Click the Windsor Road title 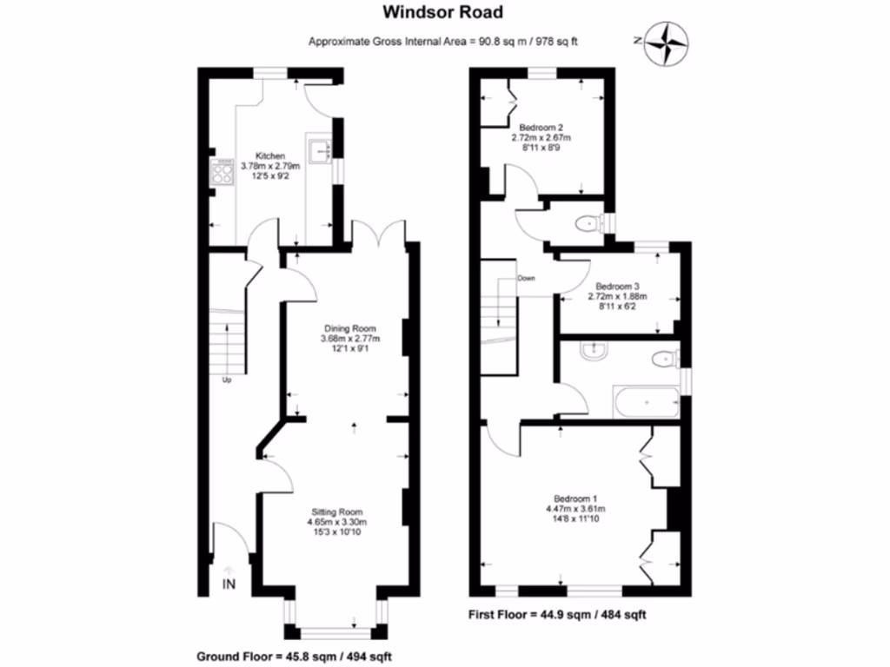click(x=442, y=12)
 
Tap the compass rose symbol click(x=667, y=43)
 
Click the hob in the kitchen click(x=222, y=172)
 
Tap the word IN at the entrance click(x=229, y=584)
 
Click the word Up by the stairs click(x=227, y=380)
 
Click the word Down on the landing click(x=526, y=279)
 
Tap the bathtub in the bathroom click(x=647, y=402)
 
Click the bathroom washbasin click(x=594, y=351)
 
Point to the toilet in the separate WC click(x=588, y=225)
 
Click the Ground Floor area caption click(x=294, y=657)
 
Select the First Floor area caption click(x=557, y=614)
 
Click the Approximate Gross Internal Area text click(x=442, y=42)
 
